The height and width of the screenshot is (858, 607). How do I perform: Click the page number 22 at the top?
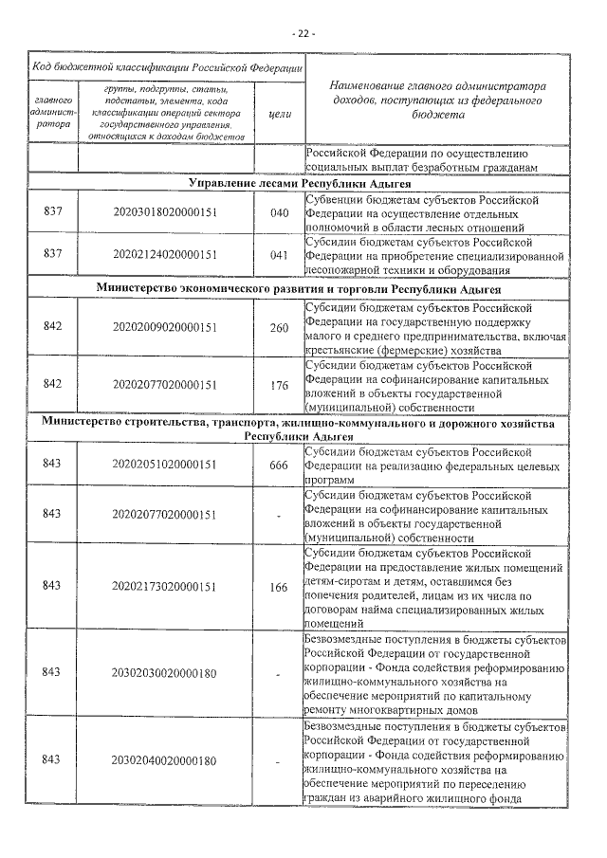tap(303, 35)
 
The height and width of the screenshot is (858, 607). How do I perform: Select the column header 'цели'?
tap(279, 114)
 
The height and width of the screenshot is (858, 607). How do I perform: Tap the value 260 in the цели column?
tap(279, 327)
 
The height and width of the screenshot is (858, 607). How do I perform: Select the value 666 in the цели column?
tap(279, 465)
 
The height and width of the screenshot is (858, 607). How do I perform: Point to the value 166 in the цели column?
tap(279, 588)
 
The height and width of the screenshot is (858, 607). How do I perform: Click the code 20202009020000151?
tap(165, 327)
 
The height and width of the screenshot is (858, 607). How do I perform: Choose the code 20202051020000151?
tap(165, 465)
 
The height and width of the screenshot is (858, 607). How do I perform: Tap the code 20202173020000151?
tap(165, 588)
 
